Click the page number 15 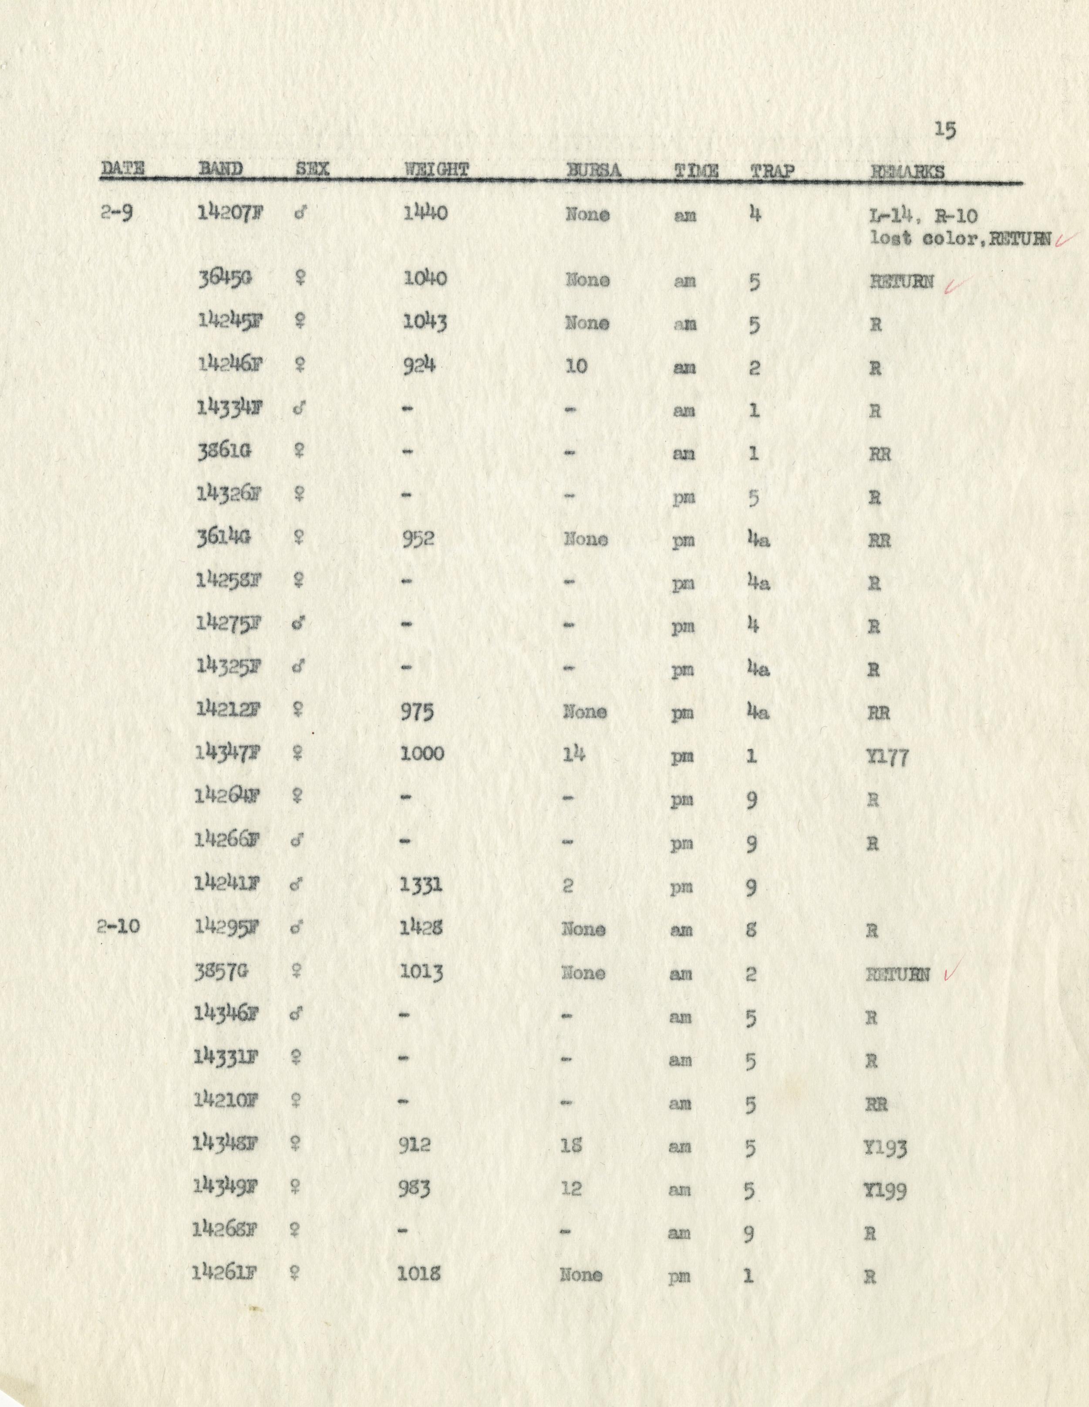[x=945, y=130]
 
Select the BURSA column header [x=593, y=170]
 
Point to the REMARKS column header [x=908, y=171]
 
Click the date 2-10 [x=118, y=927]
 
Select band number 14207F [x=230, y=213]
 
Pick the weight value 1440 [x=425, y=213]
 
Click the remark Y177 [x=888, y=757]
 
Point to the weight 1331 [x=421, y=885]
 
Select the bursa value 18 [x=572, y=1146]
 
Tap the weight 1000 [x=422, y=754]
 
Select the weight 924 [x=419, y=365]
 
